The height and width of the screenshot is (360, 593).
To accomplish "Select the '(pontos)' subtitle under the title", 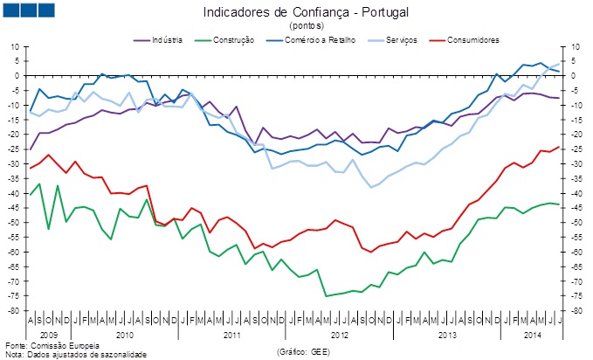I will point(306,26).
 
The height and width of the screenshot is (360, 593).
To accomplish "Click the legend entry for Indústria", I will point(161,41).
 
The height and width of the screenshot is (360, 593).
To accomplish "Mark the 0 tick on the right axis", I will point(574,75).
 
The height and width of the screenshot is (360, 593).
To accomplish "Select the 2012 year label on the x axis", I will point(340,335).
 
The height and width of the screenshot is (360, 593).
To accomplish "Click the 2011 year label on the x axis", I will point(231,335).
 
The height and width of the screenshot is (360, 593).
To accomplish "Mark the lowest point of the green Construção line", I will point(327,296).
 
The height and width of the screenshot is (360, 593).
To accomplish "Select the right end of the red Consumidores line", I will point(559,147).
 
